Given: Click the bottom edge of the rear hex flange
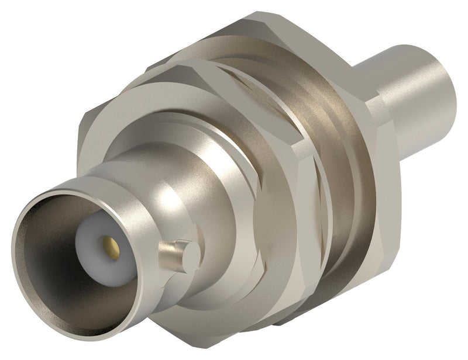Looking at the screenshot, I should (x=328, y=304).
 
